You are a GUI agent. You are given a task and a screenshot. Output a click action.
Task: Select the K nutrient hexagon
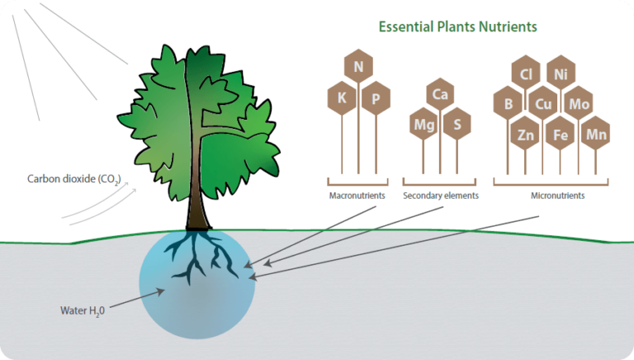pos(341,98)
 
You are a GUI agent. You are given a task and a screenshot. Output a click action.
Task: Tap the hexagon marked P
pos(376,98)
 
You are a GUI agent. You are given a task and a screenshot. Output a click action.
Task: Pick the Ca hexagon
pos(441,95)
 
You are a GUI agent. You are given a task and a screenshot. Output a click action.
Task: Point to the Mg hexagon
pos(423,125)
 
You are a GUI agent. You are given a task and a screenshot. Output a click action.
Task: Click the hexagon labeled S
pos(457,125)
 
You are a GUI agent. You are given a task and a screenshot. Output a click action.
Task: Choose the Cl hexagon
pos(525,74)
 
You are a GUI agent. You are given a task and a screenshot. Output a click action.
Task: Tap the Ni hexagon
pos(561,74)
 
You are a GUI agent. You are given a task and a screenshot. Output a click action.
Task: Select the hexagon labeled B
pos(508,104)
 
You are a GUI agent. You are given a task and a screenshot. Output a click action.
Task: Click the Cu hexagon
pos(543,104)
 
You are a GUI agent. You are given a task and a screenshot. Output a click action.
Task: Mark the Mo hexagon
pos(579,104)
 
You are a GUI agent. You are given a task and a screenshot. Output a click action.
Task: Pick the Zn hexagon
pos(525,135)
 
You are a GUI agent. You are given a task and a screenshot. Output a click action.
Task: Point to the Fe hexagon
pos(561,135)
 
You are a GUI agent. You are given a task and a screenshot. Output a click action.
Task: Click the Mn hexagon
pos(596,134)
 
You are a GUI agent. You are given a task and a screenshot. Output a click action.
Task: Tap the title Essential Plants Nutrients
pos(457,26)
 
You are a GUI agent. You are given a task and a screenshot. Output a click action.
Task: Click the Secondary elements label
pos(441,197)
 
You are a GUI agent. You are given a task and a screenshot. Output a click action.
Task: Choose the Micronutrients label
pos(557,197)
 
